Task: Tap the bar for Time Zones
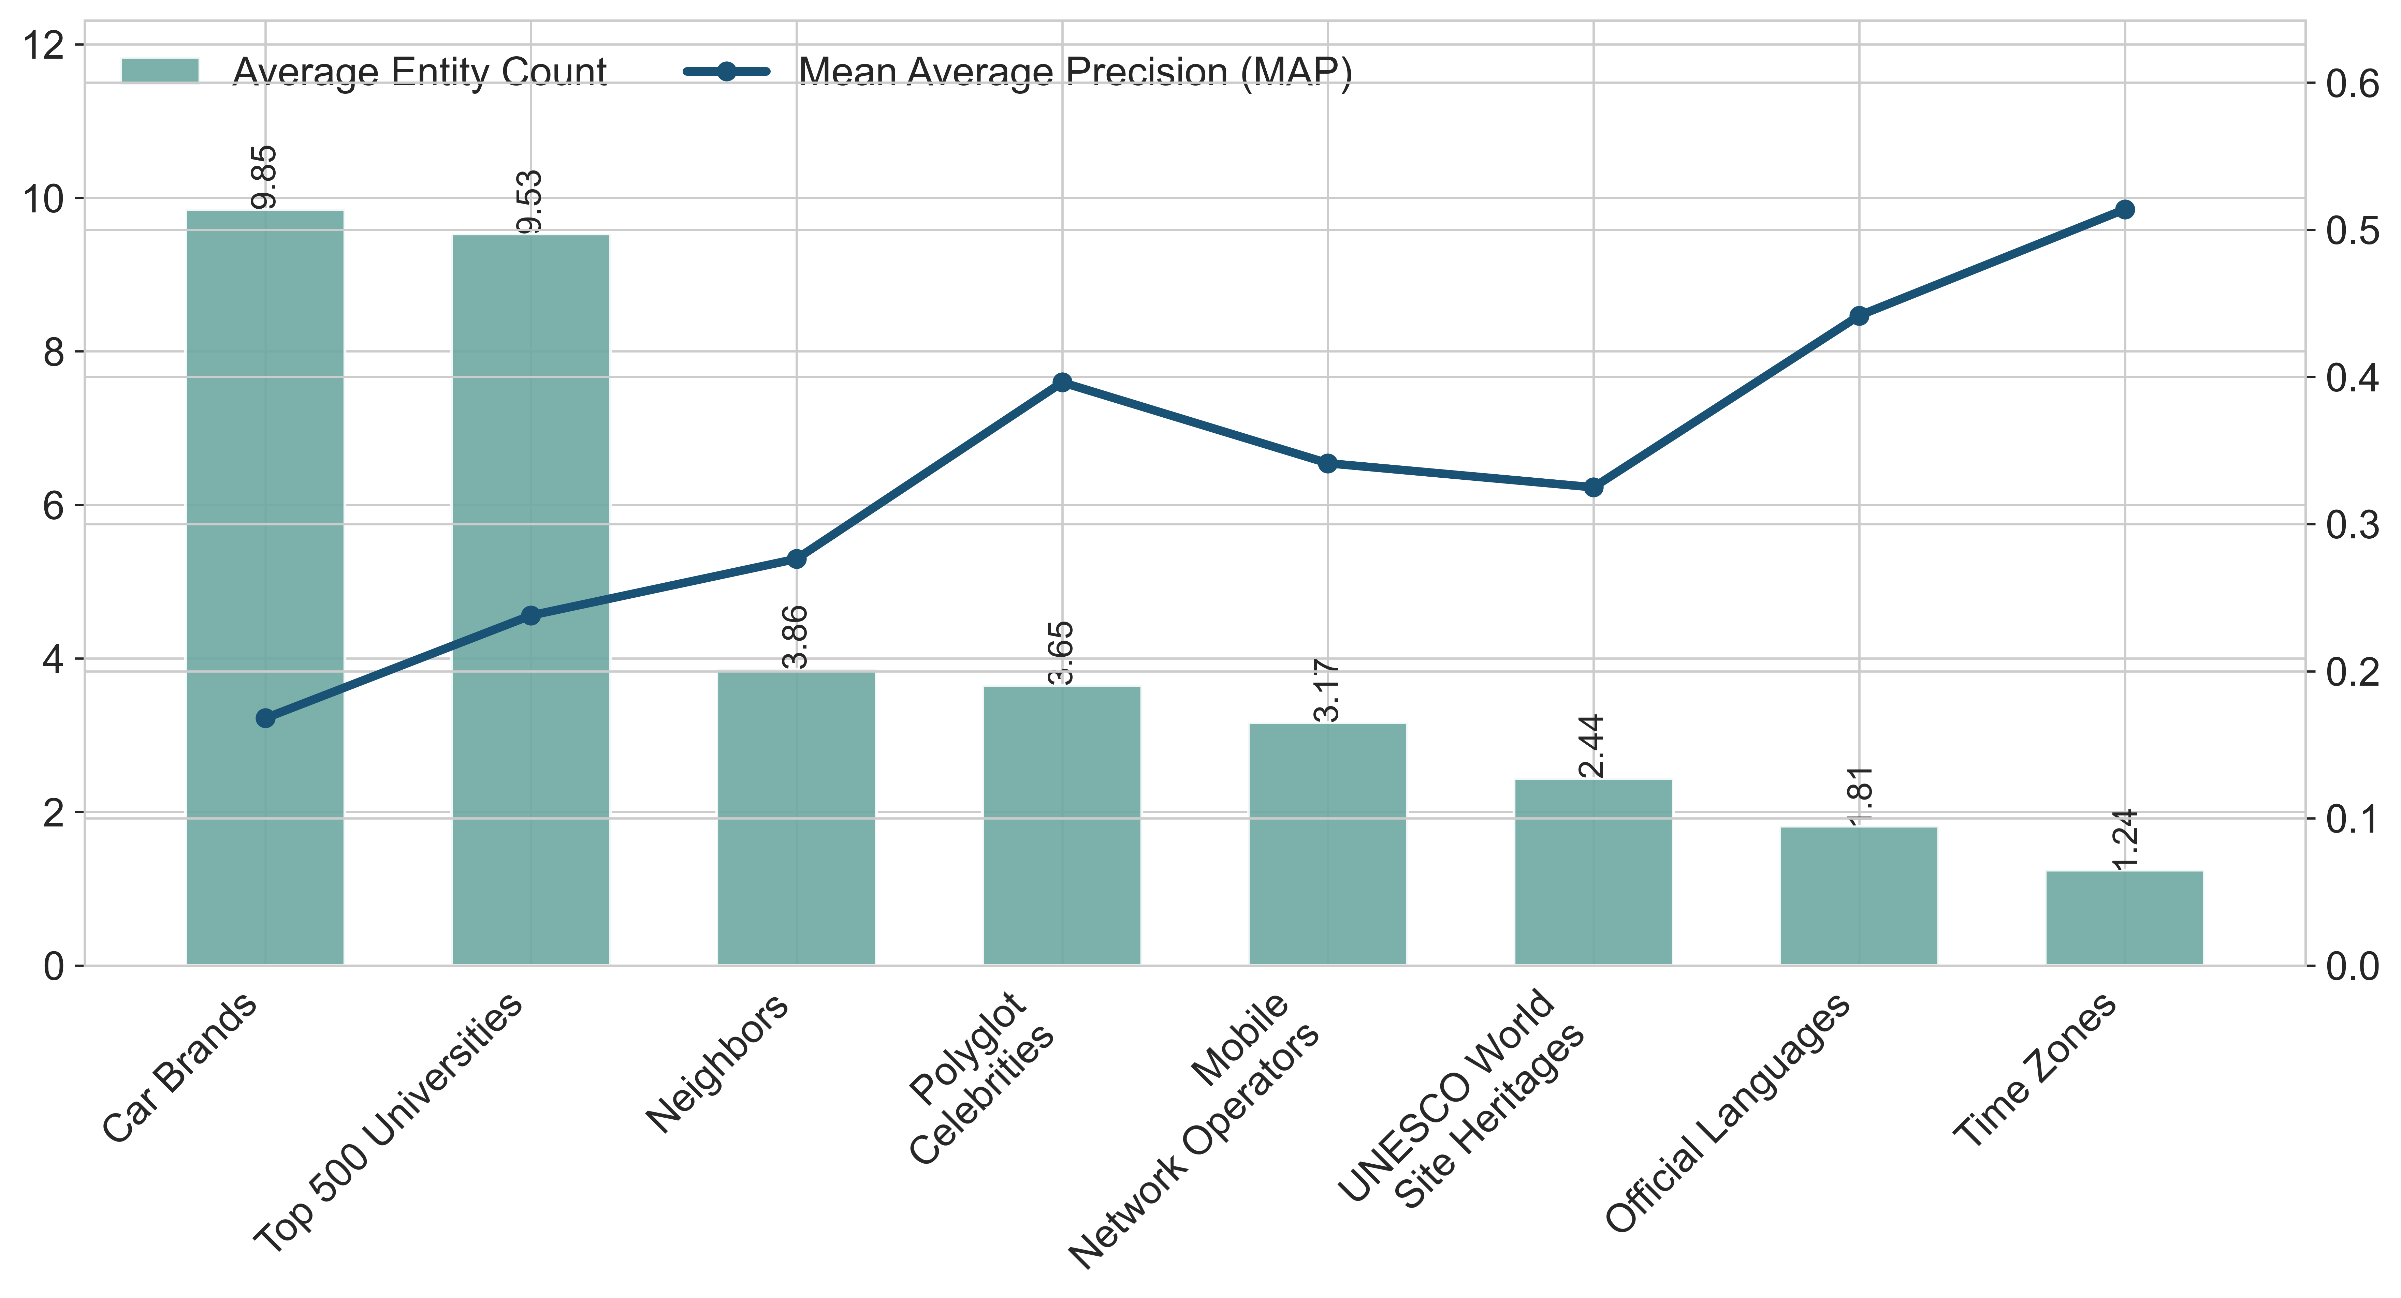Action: pos(2124,918)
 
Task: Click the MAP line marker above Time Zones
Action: pos(2124,210)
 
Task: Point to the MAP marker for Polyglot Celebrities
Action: pos(1062,382)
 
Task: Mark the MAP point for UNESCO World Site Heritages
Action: pos(1593,487)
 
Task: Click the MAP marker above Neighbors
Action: pos(796,559)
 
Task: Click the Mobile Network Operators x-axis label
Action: pos(1202,1128)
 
